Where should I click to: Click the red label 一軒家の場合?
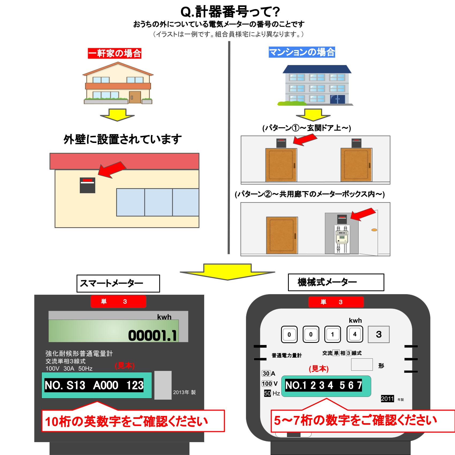click(x=115, y=53)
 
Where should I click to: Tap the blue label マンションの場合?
click(x=302, y=52)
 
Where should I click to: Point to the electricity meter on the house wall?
click(x=88, y=185)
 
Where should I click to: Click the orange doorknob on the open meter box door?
click(x=374, y=230)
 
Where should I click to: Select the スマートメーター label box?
click(x=118, y=283)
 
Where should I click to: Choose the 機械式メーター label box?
click(x=336, y=282)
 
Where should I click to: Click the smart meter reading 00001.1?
click(x=152, y=335)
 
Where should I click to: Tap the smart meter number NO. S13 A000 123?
click(x=94, y=385)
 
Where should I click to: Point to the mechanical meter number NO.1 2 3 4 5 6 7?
click(x=324, y=385)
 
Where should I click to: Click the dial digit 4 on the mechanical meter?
click(x=355, y=334)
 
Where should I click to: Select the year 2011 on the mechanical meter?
click(x=388, y=399)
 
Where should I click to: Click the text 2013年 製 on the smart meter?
click(x=184, y=392)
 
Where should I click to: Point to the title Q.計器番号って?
click(x=230, y=12)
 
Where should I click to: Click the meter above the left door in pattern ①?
click(x=281, y=143)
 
